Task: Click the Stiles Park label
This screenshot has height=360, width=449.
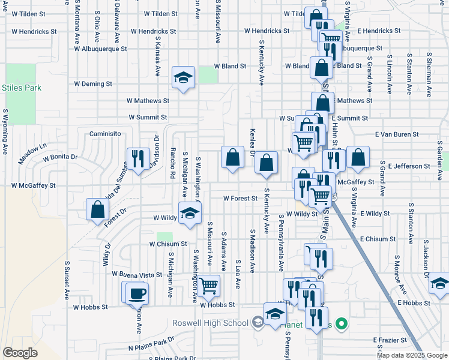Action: coord(22,88)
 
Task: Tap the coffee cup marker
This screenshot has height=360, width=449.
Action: coord(137,293)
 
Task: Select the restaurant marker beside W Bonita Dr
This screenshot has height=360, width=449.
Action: coord(138,159)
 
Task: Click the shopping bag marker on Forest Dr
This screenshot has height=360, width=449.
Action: coord(97,210)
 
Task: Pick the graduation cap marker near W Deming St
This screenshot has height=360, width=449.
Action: coord(183,77)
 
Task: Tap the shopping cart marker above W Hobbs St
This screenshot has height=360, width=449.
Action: coord(208,286)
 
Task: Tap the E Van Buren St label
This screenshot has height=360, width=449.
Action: coord(400,134)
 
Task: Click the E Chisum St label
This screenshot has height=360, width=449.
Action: coord(378,239)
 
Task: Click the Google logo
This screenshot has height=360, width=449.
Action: coord(20,353)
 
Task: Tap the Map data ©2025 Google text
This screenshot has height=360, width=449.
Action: coord(412,355)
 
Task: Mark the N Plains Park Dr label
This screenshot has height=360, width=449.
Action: coord(151,343)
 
